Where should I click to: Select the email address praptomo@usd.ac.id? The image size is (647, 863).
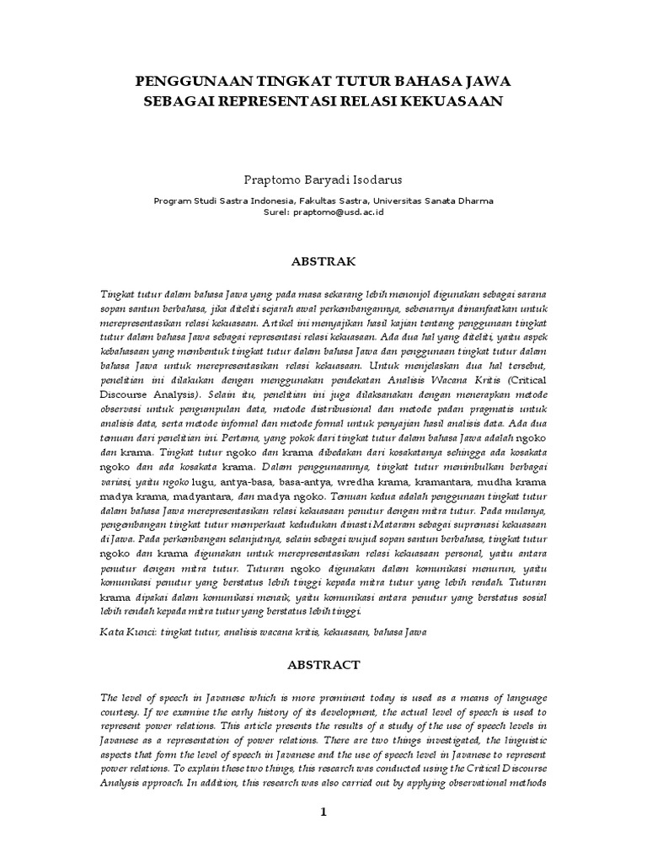pyautogui.click(x=339, y=213)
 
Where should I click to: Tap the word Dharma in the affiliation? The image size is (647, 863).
pyautogui.click(x=473, y=201)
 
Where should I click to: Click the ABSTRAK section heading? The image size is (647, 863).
pyautogui.click(x=323, y=261)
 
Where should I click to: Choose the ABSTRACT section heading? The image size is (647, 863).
pyautogui.click(x=323, y=664)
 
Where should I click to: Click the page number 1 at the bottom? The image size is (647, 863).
pyautogui.click(x=323, y=812)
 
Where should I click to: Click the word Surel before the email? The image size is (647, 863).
pyautogui.click(x=276, y=213)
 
